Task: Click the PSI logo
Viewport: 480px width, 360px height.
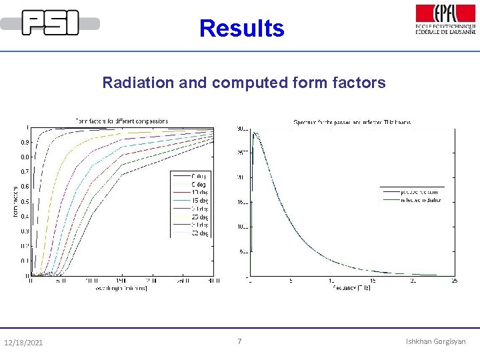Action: coord(51,23)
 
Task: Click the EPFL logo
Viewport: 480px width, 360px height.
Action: coord(445,19)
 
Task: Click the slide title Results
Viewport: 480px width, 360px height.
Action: coord(241,29)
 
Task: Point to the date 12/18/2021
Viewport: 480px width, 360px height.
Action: coord(23,343)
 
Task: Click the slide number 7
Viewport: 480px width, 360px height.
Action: coord(240,341)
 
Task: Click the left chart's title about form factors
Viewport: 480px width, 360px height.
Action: coord(121,121)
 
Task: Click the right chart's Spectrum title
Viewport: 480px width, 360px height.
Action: coord(352,122)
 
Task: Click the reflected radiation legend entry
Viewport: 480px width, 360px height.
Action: coord(421,199)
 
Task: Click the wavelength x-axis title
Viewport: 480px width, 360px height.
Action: coord(121,289)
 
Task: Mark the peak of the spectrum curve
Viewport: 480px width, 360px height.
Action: coord(255,133)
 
